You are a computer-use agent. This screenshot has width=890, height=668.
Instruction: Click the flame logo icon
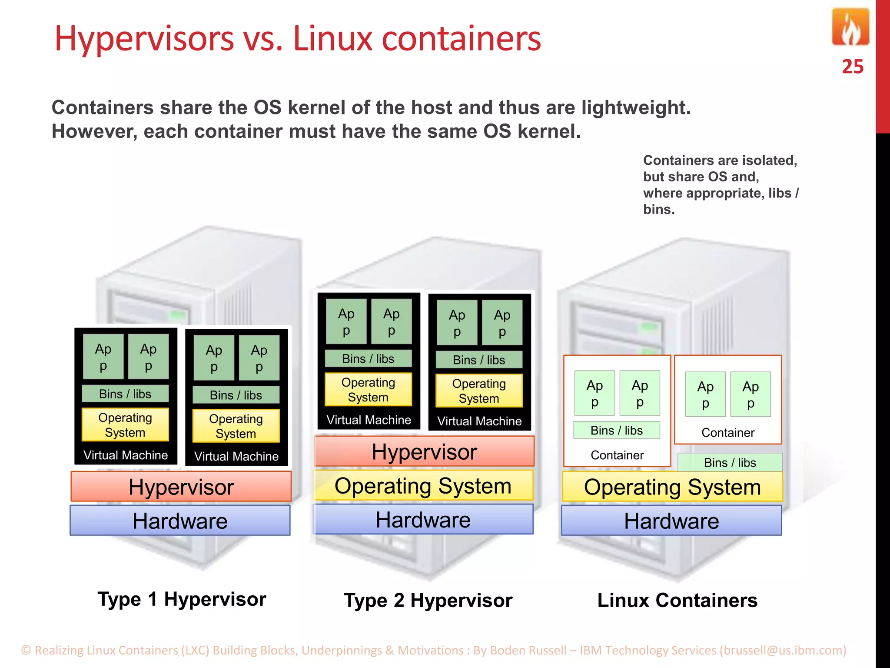[850, 27]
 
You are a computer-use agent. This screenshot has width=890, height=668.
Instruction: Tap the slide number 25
[852, 67]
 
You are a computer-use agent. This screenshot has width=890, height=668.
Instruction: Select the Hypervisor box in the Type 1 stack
[181, 487]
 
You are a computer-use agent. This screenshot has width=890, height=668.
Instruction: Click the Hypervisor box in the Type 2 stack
[424, 451]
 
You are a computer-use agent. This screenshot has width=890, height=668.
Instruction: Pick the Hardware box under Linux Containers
[671, 521]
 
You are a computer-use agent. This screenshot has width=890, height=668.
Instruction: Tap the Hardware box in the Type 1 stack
[180, 521]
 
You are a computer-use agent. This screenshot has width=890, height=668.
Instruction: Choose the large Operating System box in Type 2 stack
[423, 485]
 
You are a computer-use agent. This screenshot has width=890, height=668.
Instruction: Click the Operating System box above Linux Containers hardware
[672, 487]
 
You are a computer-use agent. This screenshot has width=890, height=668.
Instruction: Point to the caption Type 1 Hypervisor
[182, 599]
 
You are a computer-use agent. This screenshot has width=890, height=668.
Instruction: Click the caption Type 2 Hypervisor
[428, 600]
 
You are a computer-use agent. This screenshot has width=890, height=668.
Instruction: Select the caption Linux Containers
[677, 600]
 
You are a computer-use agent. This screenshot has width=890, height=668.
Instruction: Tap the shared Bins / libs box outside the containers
[730, 462]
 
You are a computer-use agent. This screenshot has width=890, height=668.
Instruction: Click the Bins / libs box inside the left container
[616, 430]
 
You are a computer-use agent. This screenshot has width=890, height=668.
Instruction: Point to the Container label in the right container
[728, 433]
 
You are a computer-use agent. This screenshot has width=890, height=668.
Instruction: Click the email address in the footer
[783, 650]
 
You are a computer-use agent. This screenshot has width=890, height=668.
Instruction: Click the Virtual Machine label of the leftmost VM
[126, 455]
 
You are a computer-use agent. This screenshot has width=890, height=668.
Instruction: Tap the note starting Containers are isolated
[721, 184]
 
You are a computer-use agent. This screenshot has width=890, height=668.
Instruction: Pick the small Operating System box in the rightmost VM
[479, 391]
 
